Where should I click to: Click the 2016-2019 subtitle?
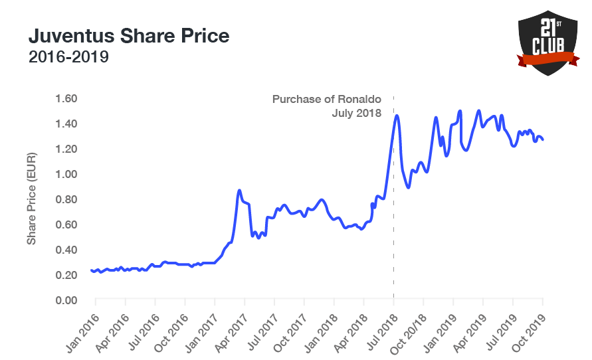point(68,57)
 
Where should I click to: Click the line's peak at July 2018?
point(397,116)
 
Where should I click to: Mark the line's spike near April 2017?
point(239,191)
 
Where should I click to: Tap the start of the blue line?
point(91,270)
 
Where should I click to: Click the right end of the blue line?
point(543,139)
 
